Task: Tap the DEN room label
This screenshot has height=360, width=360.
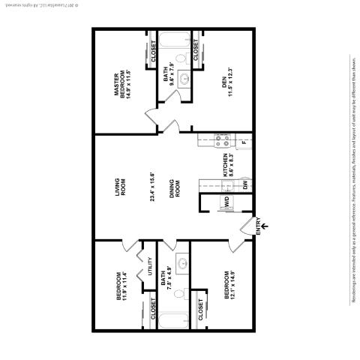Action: (224, 90)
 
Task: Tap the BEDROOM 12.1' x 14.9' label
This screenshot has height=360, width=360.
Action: (228, 289)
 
